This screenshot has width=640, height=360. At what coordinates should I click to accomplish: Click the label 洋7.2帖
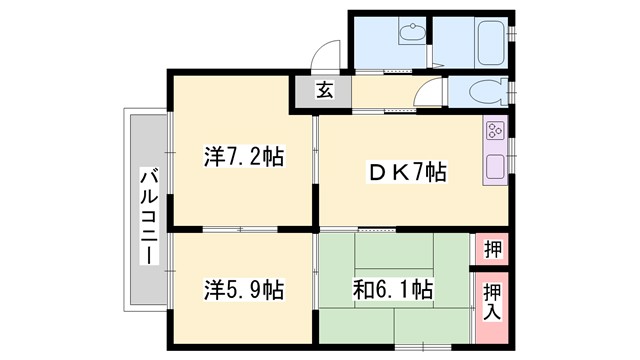[x=243, y=157]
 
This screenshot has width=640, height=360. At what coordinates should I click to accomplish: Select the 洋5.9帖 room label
[x=243, y=290]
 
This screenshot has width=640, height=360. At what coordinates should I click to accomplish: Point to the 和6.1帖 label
[x=393, y=290]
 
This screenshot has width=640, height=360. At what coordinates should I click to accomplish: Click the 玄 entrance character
[x=325, y=91]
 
